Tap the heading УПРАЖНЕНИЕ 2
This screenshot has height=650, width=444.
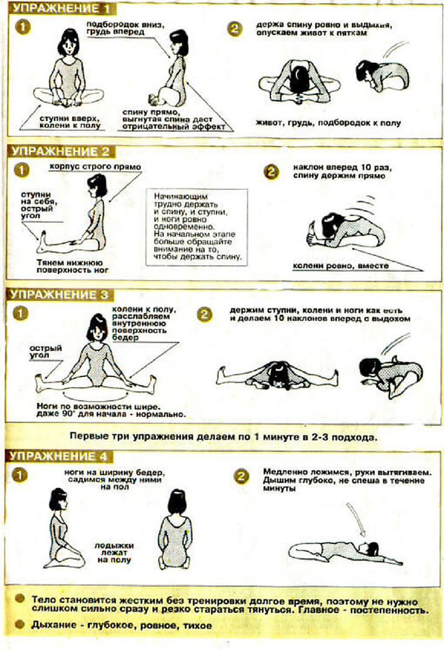(60, 151)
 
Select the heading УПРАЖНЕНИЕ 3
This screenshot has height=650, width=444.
(59, 295)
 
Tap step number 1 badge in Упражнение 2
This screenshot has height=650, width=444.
(22, 170)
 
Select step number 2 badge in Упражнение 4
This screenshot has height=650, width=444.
(242, 477)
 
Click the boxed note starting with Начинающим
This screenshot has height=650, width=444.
(197, 227)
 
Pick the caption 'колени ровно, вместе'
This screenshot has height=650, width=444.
(341, 266)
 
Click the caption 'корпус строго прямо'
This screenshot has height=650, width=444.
(95, 167)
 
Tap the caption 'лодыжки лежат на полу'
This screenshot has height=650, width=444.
(114, 553)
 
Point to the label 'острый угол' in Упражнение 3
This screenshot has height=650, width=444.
(46, 352)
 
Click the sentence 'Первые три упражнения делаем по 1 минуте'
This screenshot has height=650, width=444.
(224, 437)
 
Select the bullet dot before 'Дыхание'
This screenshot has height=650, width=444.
(20, 625)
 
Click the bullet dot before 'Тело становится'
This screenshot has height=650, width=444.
(20, 599)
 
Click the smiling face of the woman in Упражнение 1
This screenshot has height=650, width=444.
(69, 46)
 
